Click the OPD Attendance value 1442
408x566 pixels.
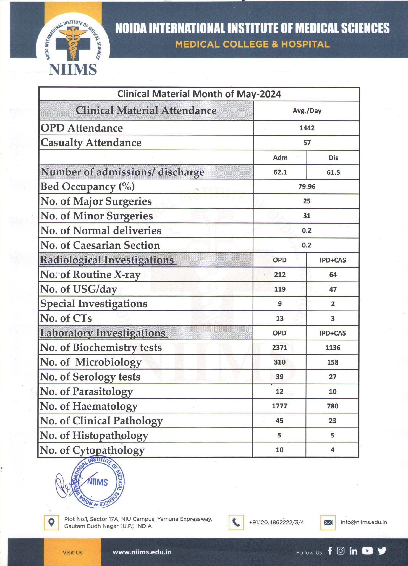307,128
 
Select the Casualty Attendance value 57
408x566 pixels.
307,143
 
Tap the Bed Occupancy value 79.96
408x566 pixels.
307,187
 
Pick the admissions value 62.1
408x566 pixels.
280,172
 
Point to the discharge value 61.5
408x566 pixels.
333,172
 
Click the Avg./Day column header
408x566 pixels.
307,111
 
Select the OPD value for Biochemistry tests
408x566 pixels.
280,347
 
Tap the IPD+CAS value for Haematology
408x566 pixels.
333,406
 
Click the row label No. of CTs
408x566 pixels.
66,318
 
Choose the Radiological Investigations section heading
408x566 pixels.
107,260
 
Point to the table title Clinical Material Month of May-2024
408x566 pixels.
199,94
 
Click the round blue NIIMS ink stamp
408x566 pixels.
98,482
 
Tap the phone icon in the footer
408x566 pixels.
236,522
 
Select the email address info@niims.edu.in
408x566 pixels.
364,522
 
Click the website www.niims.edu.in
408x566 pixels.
142,552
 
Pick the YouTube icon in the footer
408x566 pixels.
367,551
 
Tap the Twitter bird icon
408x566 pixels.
382,551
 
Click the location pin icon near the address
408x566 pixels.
51,522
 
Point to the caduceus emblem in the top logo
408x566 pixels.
73,43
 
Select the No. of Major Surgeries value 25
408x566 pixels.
307,201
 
